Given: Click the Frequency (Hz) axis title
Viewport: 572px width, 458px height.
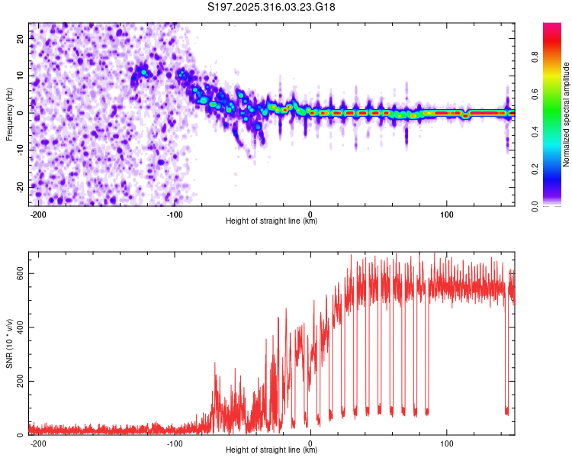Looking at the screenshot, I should click(10, 114).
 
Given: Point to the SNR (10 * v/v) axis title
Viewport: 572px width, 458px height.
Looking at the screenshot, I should click(10, 343).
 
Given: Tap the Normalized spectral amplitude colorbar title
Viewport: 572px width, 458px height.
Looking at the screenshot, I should click(567, 114).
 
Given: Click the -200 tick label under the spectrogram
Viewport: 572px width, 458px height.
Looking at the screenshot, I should click(37, 214).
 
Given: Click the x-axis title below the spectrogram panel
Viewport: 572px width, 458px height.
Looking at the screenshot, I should click(272, 221).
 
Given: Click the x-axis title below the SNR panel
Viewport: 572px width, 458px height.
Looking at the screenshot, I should click(272, 450).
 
